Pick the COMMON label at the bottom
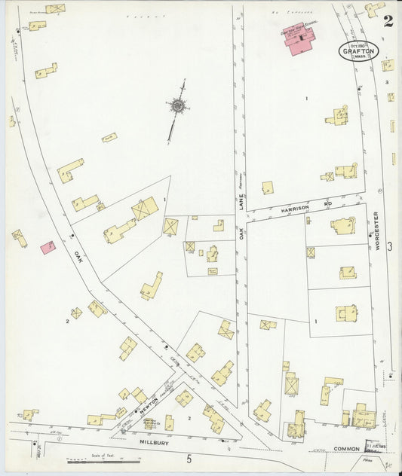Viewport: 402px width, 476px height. point(347,449)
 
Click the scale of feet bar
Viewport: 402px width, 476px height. point(96,459)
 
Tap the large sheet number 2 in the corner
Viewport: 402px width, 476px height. point(388,21)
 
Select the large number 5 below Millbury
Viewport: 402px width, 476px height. point(190,458)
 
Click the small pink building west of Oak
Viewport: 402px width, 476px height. point(48,247)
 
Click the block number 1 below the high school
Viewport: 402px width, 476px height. point(307,99)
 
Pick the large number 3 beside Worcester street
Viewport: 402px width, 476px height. point(390,246)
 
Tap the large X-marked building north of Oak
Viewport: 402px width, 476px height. point(145,208)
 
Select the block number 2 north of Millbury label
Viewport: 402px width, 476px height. point(189,416)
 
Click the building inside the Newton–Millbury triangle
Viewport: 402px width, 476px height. point(149,423)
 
